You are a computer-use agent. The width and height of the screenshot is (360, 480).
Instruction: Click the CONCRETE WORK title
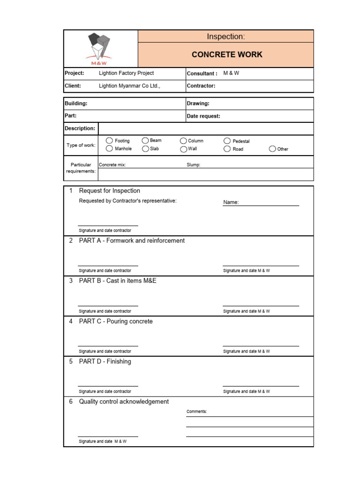tap(227, 54)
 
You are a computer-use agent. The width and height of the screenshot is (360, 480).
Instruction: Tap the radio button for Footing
tap(109, 141)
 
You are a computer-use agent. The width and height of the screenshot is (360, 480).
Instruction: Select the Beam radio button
tap(145, 141)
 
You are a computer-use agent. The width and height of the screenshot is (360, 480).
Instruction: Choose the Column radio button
tap(183, 141)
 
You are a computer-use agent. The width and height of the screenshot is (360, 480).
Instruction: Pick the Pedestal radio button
tap(227, 141)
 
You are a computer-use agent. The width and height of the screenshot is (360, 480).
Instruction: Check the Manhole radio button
tap(109, 149)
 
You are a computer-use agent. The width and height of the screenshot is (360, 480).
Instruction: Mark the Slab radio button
tap(145, 149)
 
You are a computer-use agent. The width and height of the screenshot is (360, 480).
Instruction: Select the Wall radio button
tap(183, 149)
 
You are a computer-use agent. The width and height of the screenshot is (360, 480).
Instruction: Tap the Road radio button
tap(227, 149)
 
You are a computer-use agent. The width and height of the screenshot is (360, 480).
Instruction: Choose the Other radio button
tap(272, 149)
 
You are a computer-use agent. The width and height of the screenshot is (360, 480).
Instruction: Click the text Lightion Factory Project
tap(126, 73)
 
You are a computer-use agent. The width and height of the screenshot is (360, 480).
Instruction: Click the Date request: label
tap(203, 116)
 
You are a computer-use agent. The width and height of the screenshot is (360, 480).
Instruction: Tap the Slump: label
tap(193, 165)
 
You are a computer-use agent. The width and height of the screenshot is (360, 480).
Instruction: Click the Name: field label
tap(231, 202)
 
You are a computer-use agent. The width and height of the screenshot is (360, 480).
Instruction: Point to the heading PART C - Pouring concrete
tap(116, 322)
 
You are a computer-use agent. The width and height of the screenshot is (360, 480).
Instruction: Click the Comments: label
tap(196, 412)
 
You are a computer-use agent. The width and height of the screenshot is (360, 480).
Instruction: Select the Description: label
tap(80, 128)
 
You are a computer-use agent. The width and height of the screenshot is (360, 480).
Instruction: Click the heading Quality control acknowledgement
tap(124, 402)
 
